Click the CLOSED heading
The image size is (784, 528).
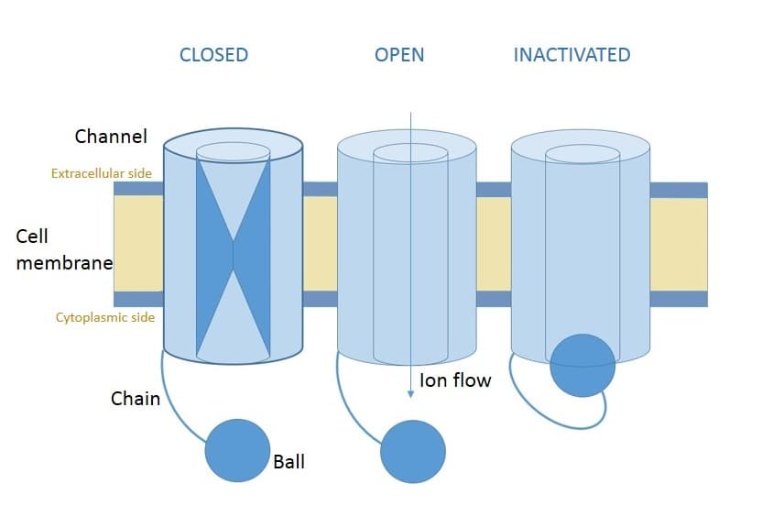213,55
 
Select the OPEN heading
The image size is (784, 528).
399,55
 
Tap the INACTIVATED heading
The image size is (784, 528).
572,55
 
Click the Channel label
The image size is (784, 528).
111,137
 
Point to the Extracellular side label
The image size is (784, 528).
102,172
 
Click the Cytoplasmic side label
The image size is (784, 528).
105,317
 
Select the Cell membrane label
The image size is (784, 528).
63,249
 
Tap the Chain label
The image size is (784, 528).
136,399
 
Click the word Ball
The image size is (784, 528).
289,461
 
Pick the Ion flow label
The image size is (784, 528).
455,379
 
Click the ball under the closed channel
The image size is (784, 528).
237,450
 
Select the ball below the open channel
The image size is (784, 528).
412,451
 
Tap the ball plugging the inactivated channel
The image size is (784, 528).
583,365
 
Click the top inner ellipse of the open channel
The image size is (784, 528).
410,153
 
